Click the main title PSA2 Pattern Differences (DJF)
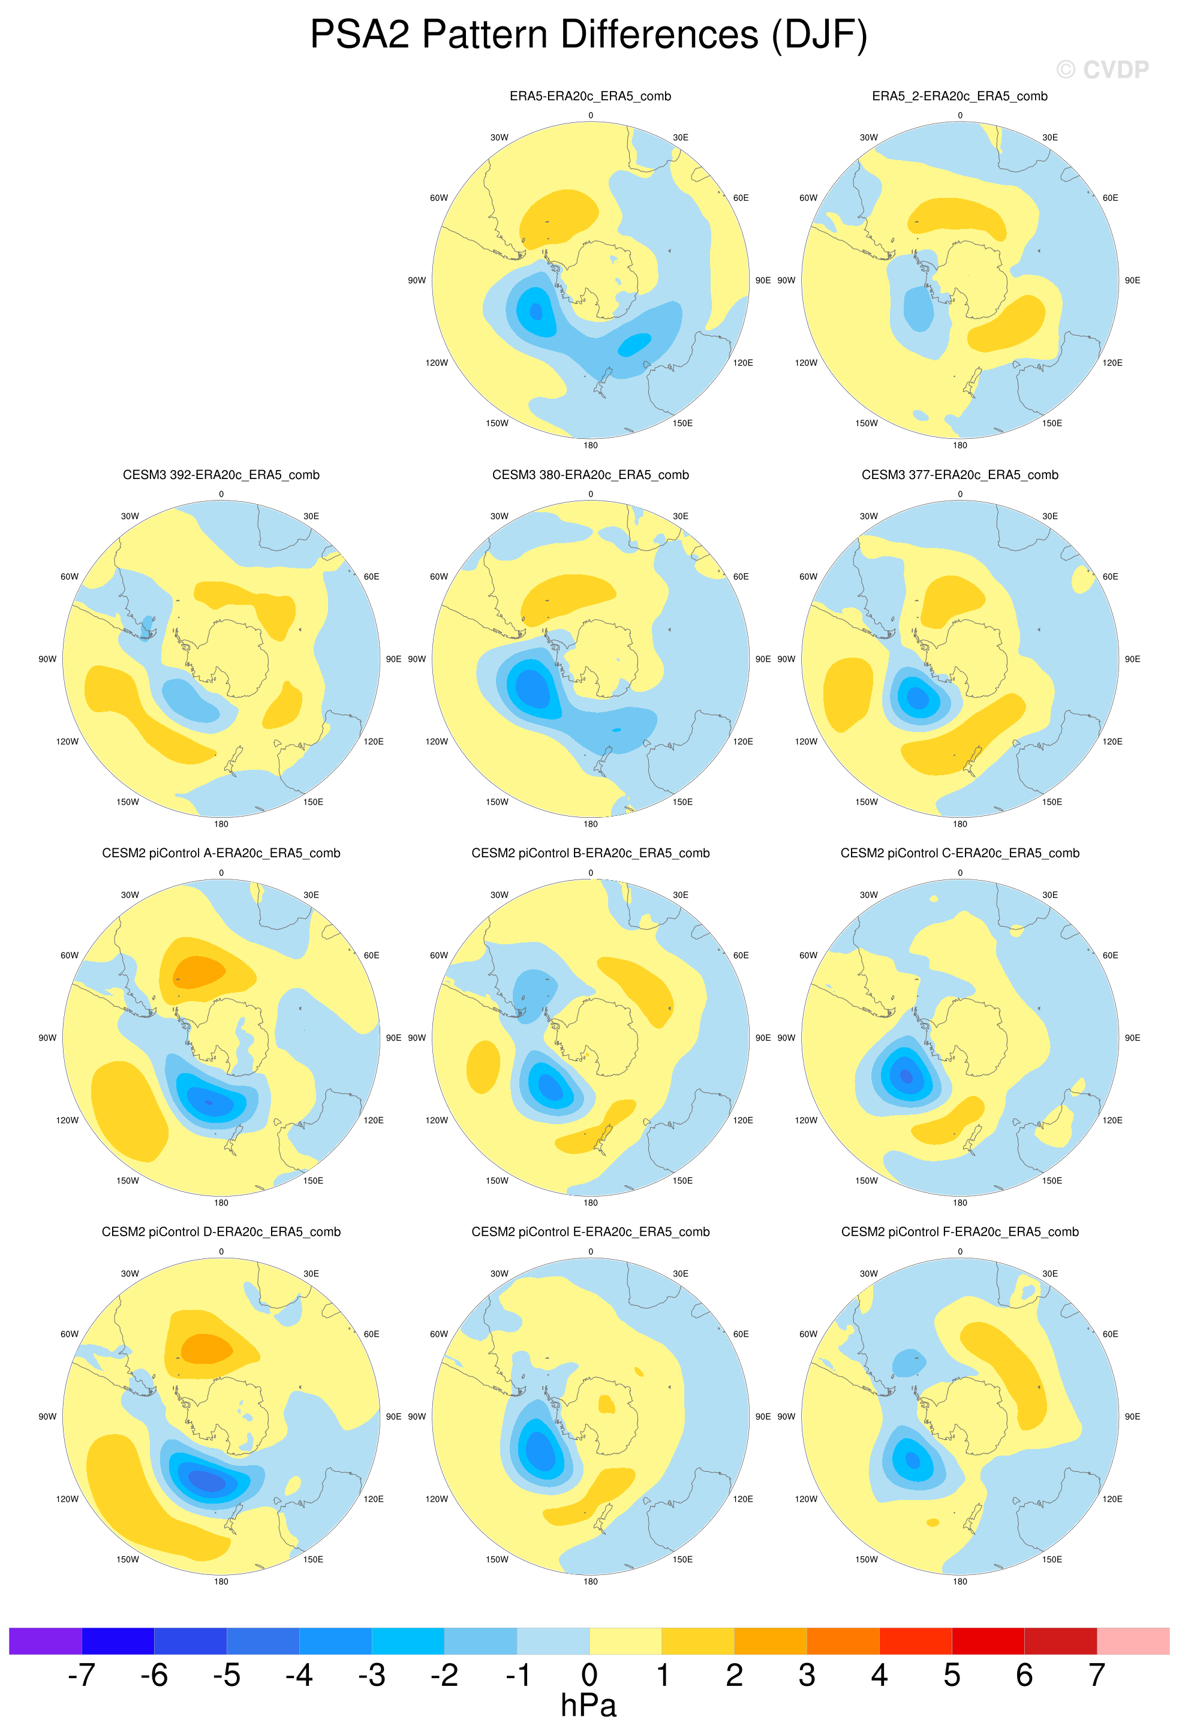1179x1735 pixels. tap(588, 35)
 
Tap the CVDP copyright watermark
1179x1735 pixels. tap(1102, 70)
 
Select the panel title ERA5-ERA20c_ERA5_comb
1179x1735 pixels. tap(590, 97)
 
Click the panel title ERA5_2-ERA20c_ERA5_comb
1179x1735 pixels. tap(960, 97)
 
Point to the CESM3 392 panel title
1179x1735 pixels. tap(221, 475)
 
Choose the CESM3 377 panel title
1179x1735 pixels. tap(960, 475)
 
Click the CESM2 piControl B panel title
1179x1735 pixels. tap(590, 853)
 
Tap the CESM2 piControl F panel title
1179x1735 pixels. tap(960, 1232)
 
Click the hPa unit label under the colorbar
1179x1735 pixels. tap(588, 1705)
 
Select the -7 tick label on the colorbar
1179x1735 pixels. tap(82, 1674)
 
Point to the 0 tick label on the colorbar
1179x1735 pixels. tap(589, 1674)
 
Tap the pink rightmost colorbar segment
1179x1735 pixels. tap(1133, 1641)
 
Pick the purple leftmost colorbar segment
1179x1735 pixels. tap(45, 1641)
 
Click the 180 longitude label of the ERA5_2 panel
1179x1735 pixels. tap(960, 445)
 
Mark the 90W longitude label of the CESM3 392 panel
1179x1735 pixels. tap(47, 659)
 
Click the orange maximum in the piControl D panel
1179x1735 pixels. tap(207, 1349)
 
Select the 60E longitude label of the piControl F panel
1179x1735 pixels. tap(1110, 1334)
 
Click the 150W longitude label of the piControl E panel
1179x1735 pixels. tap(497, 1559)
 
